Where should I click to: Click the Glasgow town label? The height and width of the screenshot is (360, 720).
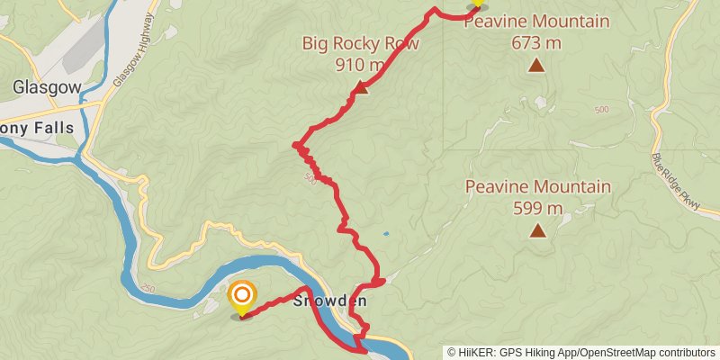click(48, 87)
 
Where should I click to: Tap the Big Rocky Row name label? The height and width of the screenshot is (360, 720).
click(348, 42)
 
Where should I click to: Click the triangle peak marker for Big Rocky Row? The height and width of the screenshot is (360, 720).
click(361, 87)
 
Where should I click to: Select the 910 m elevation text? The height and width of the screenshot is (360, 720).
click(360, 64)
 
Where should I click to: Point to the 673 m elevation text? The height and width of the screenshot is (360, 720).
click(536, 41)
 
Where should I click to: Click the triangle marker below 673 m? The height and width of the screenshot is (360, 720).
click(536, 64)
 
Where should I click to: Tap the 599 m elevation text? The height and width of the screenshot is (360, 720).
click(537, 208)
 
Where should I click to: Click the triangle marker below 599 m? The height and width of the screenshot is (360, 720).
click(537, 230)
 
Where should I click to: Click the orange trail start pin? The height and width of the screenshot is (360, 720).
click(242, 298)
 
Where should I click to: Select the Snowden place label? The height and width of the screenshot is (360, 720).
click(331, 301)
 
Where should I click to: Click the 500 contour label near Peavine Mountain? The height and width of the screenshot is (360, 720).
click(600, 109)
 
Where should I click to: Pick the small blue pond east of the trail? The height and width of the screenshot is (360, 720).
click(385, 234)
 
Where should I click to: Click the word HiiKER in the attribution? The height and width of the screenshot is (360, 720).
click(474, 352)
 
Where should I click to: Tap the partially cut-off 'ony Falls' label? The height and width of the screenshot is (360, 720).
click(37, 128)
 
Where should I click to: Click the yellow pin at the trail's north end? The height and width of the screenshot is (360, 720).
click(476, 4)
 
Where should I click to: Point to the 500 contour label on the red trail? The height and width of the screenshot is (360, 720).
click(311, 177)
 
